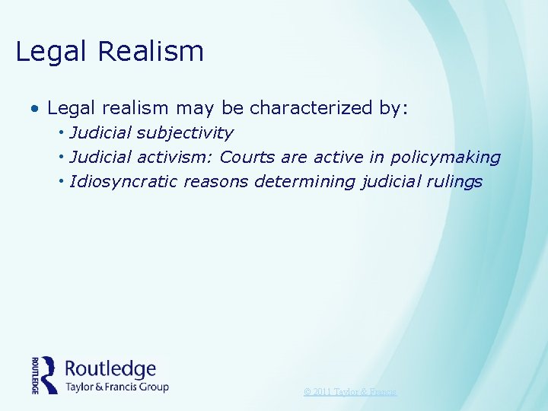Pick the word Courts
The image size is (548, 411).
[247, 158]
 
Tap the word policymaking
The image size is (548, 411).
[445, 158]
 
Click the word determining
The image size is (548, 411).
[304, 182]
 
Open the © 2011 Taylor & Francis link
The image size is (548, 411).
[350, 392]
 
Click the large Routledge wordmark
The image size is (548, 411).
[110, 369]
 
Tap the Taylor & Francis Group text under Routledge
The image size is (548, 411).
[116, 387]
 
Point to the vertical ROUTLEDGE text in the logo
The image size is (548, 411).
[35, 375]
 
